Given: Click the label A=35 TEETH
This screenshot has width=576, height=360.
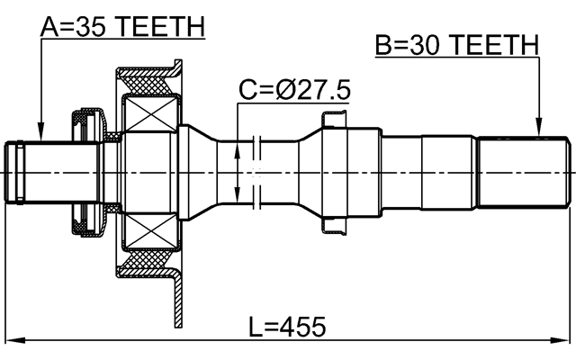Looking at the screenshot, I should coord(122,26).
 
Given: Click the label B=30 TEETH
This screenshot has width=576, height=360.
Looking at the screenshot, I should coord(456,44).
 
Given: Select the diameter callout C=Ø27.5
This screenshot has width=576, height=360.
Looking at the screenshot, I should coord(294,90).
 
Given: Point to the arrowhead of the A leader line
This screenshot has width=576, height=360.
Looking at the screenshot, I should coord(39,135).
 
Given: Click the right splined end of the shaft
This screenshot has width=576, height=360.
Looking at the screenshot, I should coord(523,171).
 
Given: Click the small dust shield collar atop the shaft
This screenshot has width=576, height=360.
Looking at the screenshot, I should coord(332,118).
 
